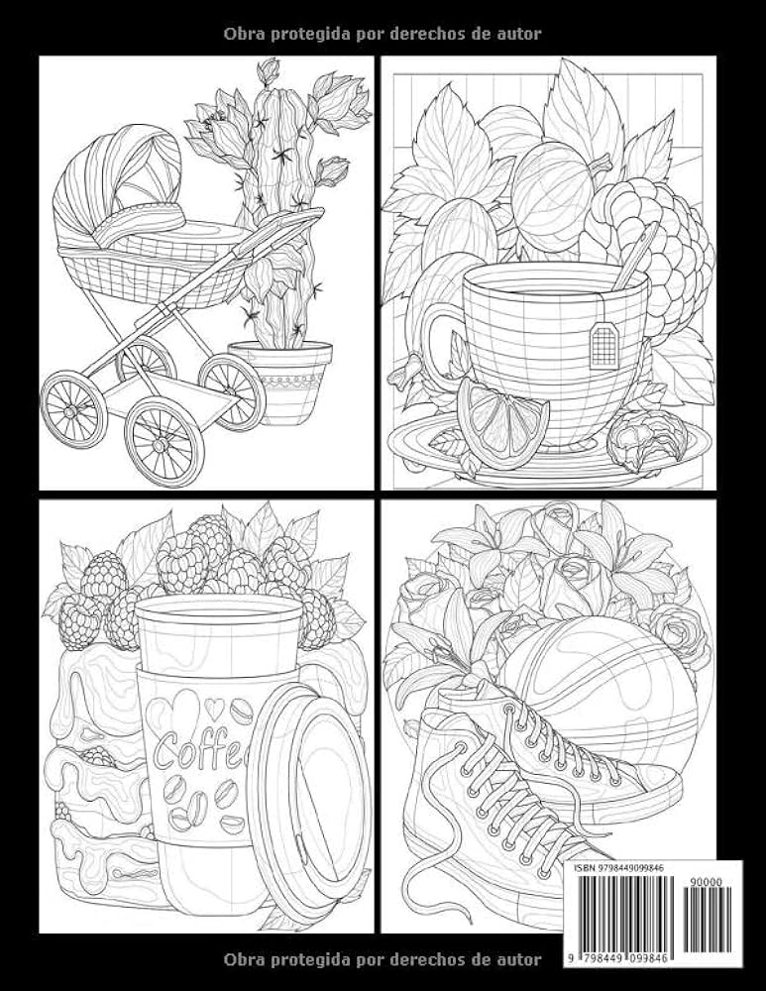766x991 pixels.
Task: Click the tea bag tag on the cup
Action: [x=602, y=345]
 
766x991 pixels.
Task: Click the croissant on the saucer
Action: [x=645, y=439]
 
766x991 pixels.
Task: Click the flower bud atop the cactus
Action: [x=269, y=69]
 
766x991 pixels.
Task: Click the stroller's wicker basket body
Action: [x=152, y=272]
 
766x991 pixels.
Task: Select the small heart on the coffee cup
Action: [x=214, y=709]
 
